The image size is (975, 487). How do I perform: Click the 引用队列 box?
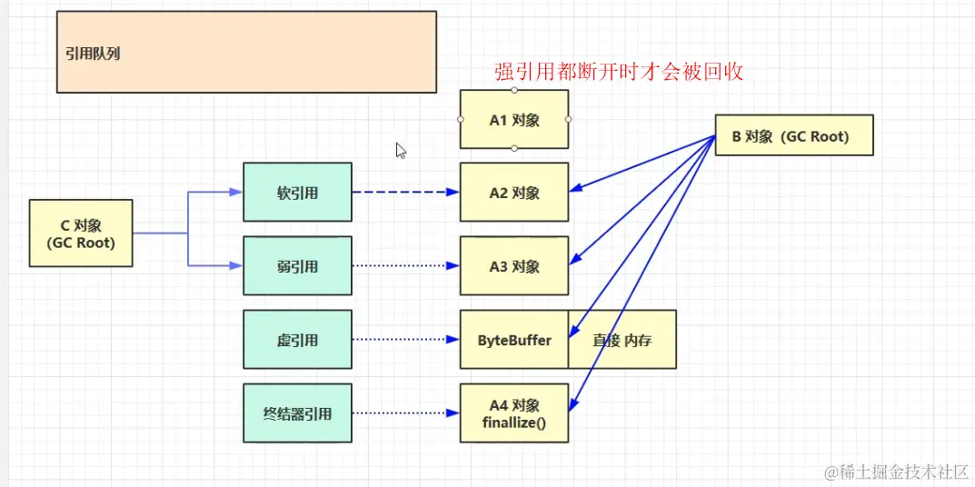(x=246, y=52)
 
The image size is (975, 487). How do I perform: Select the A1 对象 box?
(x=514, y=119)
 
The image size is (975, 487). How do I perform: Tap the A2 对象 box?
(x=514, y=193)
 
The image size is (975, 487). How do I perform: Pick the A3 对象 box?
(x=514, y=266)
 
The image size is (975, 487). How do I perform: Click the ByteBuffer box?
(x=514, y=340)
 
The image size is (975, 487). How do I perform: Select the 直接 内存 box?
(x=622, y=340)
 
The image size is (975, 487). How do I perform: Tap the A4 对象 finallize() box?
(x=514, y=413)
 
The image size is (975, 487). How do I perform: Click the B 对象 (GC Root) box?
(x=794, y=135)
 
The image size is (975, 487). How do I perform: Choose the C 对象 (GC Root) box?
(x=81, y=234)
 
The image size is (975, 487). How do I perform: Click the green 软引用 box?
(x=297, y=193)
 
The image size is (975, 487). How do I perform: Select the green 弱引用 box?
(x=297, y=266)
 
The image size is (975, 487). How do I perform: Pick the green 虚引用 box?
(x=297, y=340)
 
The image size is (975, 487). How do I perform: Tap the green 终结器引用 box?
(x=297, y=413)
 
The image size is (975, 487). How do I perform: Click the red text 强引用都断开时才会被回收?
(x=619, y=73)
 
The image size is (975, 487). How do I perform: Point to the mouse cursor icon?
(x=401, y=151)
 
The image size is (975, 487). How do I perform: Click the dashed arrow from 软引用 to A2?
(x=405, y=193)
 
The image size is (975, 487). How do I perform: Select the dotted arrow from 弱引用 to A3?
(x=405, y=266)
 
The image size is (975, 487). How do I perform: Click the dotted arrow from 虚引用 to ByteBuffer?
(x=405, y=340)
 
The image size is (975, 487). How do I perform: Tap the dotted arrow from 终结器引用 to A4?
(x=405, y=413)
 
